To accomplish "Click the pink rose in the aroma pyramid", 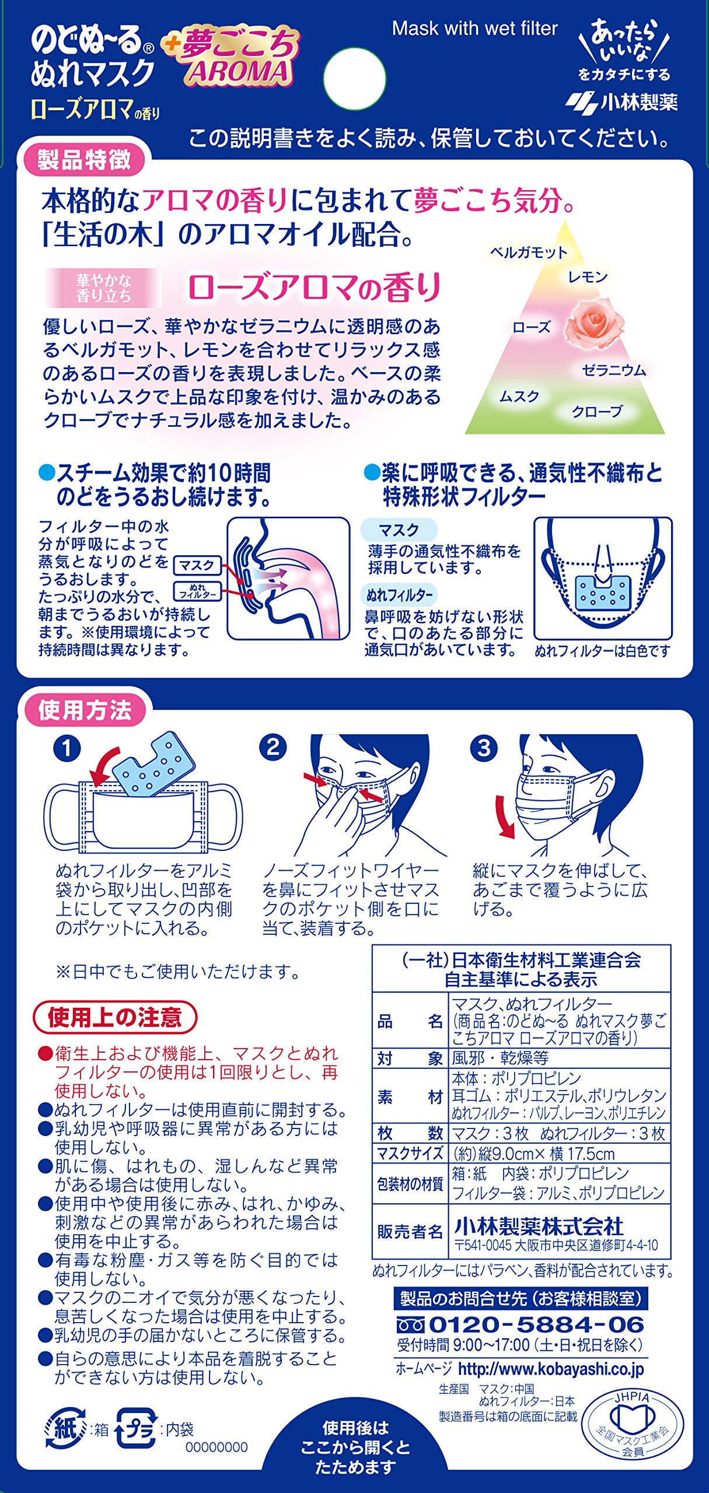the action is (595, 324).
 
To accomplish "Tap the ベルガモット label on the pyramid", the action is (529, 252).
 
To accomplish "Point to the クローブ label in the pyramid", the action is (597, 411).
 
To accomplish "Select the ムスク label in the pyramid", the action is (519, 397).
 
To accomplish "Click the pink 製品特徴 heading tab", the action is (84, 160).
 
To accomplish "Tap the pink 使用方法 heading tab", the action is (84, 710).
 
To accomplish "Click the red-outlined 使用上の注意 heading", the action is (115, 1017).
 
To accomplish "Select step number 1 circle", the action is (67, 748).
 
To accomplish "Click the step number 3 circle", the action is (484, 748).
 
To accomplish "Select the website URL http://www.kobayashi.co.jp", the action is (551, 1369).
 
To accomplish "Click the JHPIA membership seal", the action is (633, 1424).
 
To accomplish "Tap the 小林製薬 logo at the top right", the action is (621, 103).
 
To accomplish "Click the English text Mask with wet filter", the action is (475, 29).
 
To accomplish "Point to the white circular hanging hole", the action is (354, 79).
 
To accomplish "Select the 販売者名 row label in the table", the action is (410, 1231).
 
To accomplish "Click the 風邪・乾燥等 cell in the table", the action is (500, 1058).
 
